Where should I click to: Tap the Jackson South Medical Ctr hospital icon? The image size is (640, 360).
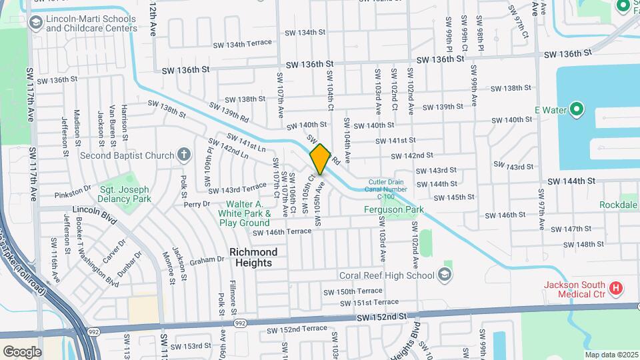pos(616,288)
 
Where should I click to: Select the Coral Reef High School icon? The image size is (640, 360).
pos(445,275)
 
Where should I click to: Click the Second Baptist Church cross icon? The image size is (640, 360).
pos(184,155)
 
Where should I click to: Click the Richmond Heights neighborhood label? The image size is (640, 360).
pos(253,257)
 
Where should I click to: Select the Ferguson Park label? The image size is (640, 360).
pos(394,210)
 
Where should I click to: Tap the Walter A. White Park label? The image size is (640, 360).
pos(239,213)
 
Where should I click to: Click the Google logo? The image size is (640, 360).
pos(22,351)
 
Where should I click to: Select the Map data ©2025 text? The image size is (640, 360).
pos(611,355)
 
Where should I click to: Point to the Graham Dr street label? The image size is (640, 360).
pos(205,260)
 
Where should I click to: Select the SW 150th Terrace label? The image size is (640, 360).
pos(353,291)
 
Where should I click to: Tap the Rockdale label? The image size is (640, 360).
pos(618,205)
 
